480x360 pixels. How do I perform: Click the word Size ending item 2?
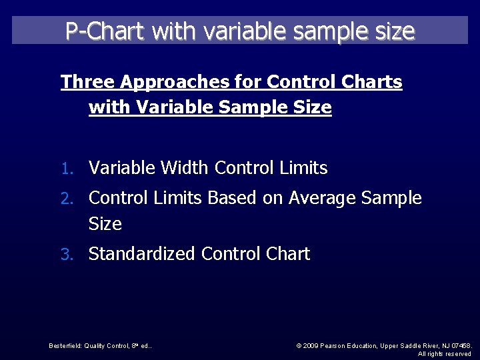point(105,224)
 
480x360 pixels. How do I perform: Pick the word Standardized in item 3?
point(142,254)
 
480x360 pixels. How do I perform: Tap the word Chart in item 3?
point(288,254)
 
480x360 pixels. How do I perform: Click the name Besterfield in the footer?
point(65,346)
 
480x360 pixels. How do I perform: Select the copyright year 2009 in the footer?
point(311,346)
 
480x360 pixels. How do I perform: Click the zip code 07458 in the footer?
point(460,346)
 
